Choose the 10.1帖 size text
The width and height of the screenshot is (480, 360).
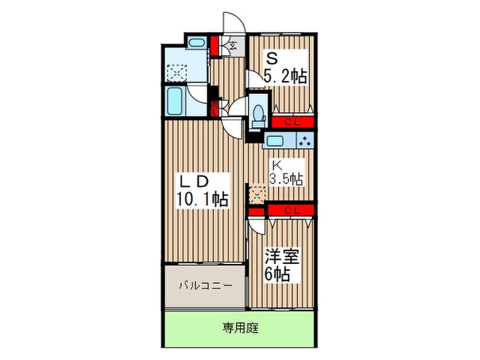click(201, 200)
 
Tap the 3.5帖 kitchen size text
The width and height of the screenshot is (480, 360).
click(286, 180)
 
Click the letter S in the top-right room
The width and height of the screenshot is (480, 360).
click(272, 58)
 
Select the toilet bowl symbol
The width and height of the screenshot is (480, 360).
click(259, 113)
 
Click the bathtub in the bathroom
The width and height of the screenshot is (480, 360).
click(175, 101)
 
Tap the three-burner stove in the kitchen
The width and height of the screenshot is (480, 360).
click(305, 143)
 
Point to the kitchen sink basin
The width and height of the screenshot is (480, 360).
click(276, 141)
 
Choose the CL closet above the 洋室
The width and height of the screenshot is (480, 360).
click(291, 210)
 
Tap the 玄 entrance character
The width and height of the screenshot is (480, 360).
click(233, 47)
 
